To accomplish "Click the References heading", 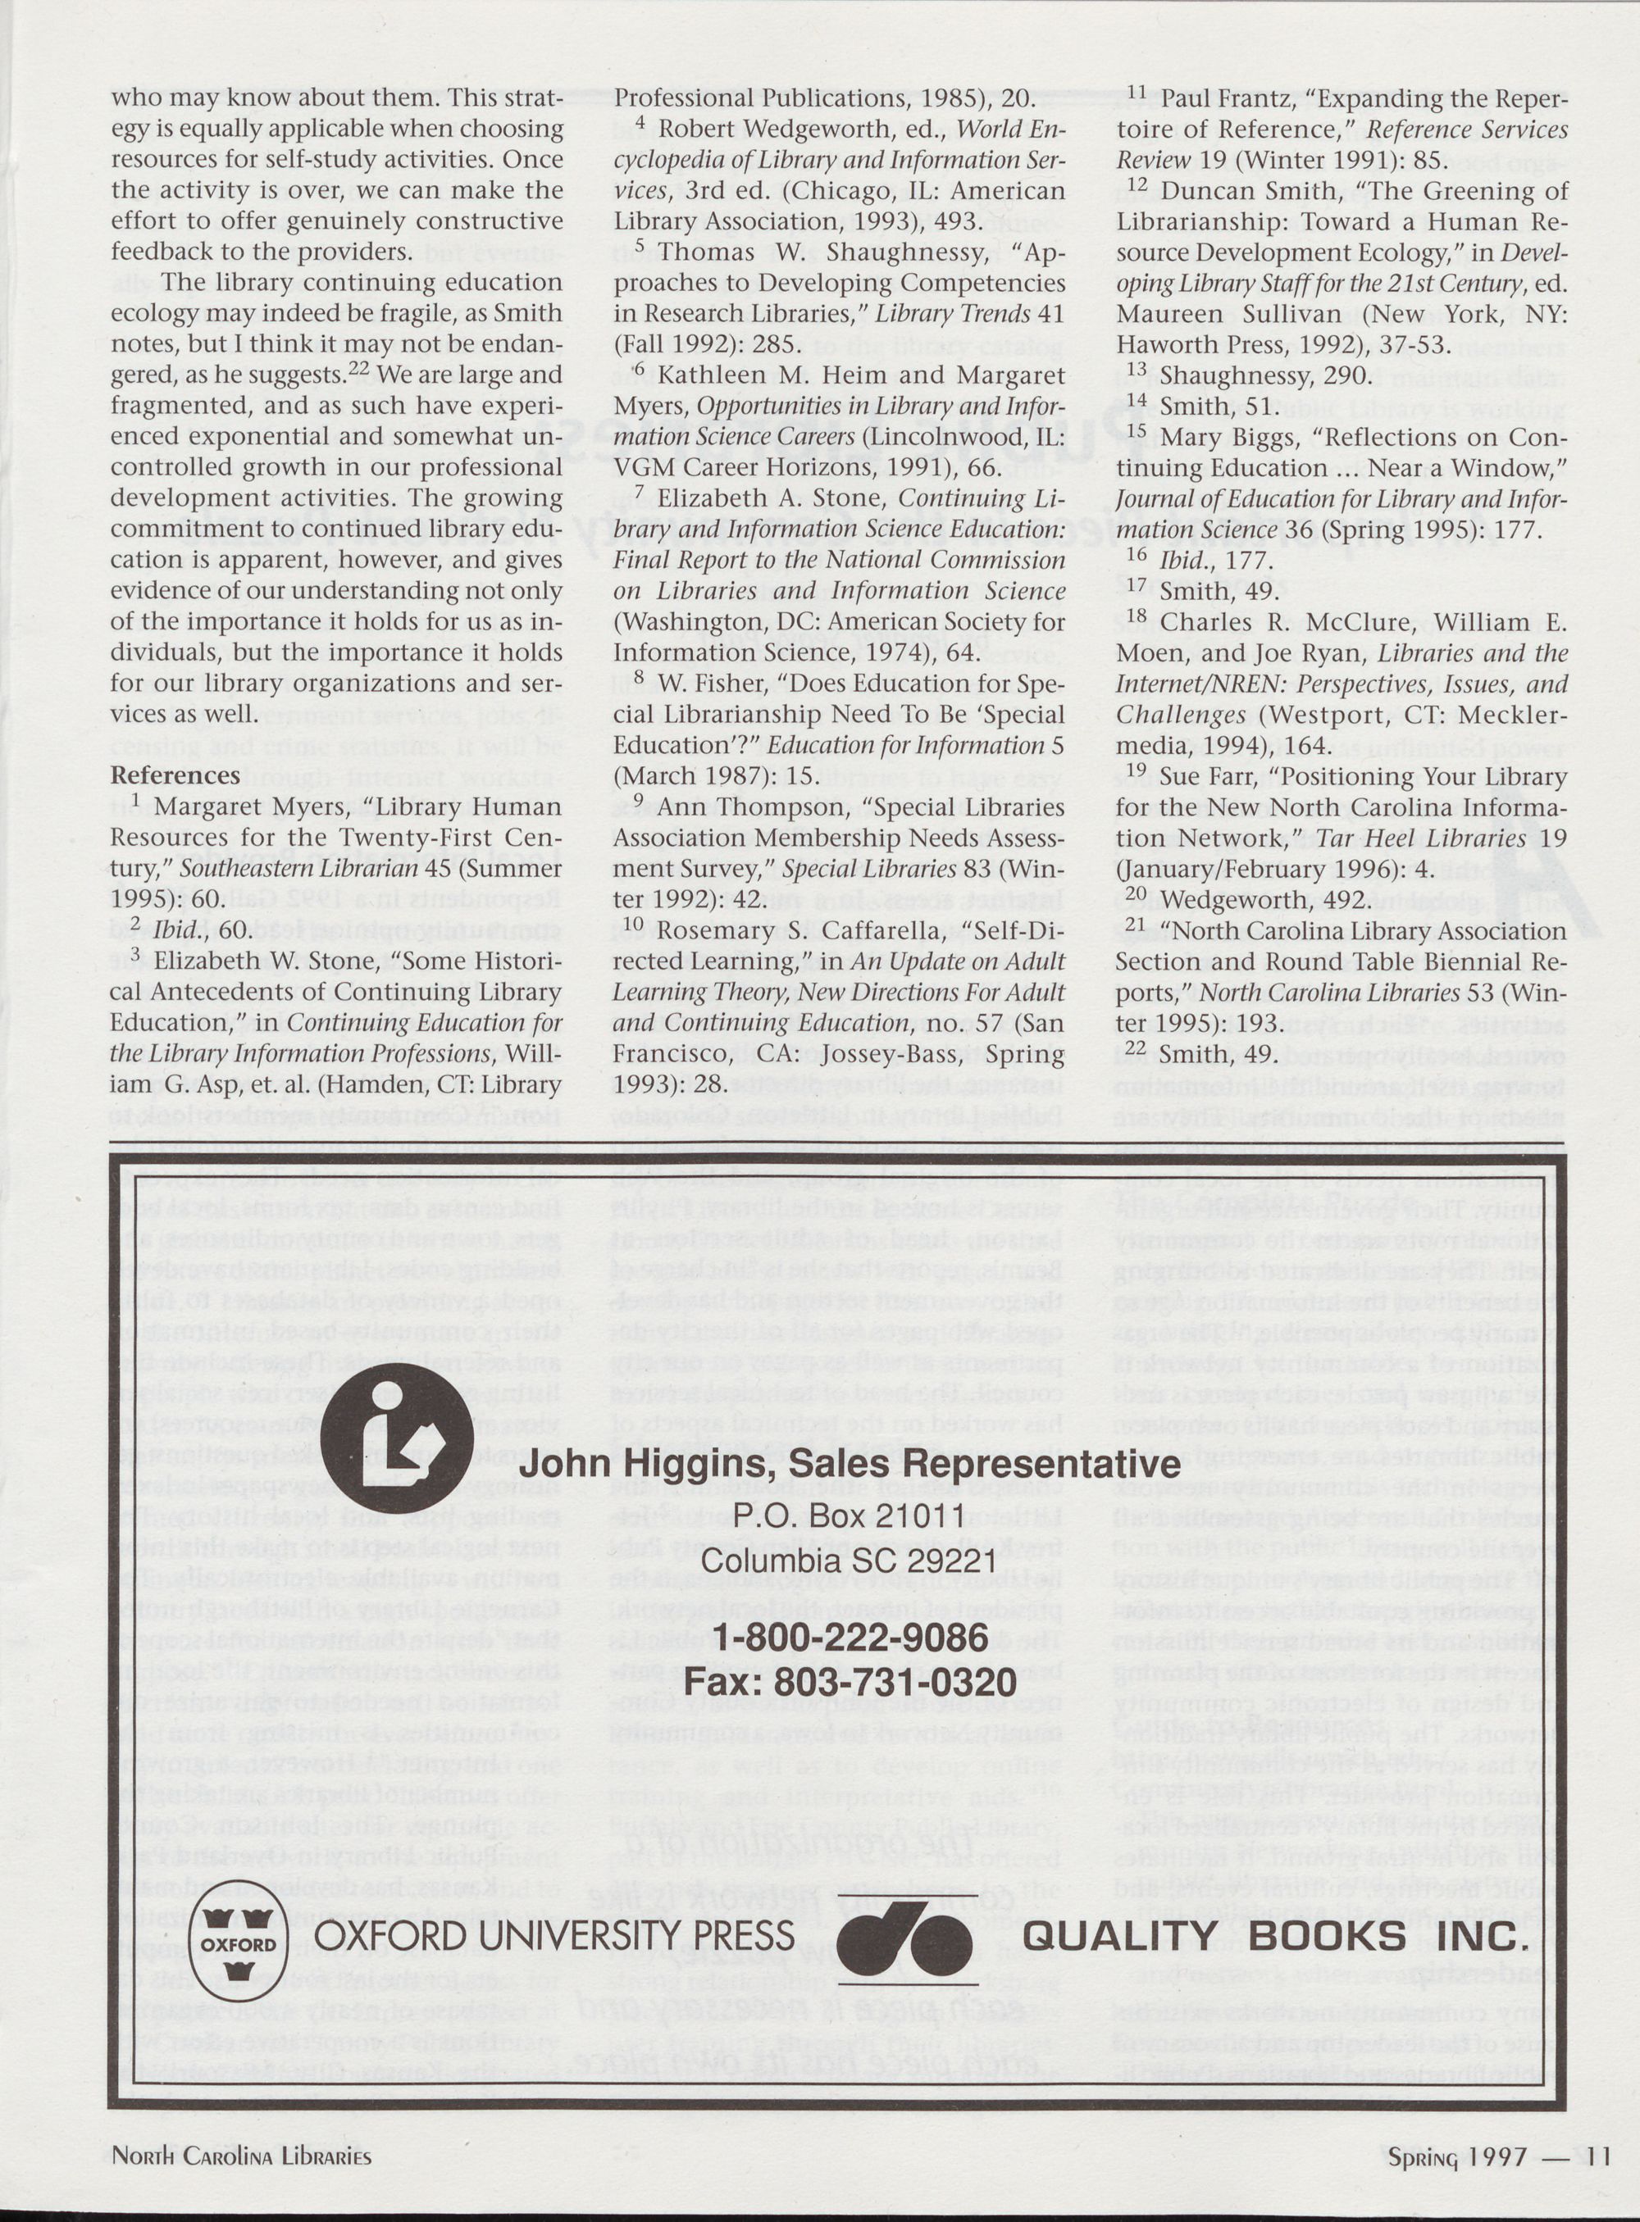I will tap(175, 775).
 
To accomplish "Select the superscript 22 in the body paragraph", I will tap(358, 370).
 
